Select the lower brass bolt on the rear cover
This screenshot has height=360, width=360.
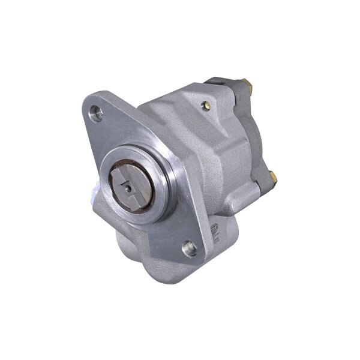[272, 176]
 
